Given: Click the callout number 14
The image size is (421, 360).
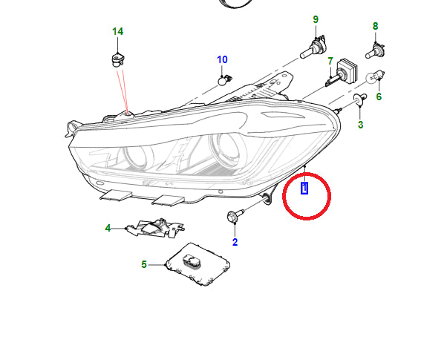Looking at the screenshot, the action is [117, 31].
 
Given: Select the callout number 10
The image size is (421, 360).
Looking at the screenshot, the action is [222, 59].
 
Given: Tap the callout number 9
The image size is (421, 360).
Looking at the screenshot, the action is [316, 19].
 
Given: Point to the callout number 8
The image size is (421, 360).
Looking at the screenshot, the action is [376, 26].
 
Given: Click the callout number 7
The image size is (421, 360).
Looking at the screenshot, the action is [330, 61].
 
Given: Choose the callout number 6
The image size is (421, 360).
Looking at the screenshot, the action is [379, 96].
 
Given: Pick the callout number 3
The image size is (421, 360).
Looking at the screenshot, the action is [361, 125].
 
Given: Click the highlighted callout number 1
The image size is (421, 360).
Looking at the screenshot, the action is [304, 188].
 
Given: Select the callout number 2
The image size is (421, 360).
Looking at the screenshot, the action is [235, 242].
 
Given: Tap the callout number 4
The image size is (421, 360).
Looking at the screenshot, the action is [108, 228].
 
